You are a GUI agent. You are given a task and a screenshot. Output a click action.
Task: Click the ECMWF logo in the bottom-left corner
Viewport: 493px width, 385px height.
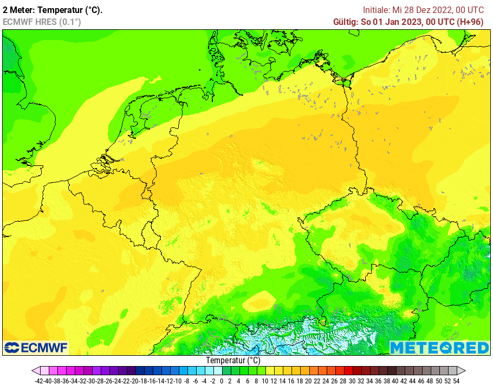[x=36, y=347]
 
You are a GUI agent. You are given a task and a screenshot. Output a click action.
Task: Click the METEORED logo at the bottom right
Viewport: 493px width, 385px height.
[x=439, y=348]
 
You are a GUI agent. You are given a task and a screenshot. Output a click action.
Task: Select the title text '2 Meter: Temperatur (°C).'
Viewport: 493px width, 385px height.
[x=53, y=10]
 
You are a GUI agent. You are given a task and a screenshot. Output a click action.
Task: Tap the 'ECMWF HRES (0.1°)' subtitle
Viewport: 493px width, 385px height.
[x=42, y=22]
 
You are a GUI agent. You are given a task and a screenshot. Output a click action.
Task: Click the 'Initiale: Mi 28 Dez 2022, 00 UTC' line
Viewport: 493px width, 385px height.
[x=423, y=10]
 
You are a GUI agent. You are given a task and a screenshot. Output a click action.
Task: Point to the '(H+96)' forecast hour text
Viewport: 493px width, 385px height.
[x=470, y=22]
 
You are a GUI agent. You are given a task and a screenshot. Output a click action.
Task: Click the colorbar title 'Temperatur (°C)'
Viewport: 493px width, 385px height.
[x=233, y=361]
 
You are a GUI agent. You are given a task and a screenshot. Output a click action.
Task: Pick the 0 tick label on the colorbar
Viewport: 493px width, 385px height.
[x=222, y=381]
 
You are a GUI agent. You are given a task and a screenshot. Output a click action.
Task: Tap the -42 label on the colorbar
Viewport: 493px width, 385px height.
[x=38, y=381]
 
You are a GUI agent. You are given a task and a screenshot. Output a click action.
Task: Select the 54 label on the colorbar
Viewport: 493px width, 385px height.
[x=456, y=381]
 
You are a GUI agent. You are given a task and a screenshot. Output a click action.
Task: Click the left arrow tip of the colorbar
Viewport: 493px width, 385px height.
[x=34, y=371]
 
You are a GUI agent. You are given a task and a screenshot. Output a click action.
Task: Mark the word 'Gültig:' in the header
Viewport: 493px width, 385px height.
[x=346, y=22]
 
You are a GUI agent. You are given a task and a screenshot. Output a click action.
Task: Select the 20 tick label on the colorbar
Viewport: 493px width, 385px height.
[x=308, y=381]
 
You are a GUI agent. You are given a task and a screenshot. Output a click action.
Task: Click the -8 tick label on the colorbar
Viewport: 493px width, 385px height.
[x=186, y=381]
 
